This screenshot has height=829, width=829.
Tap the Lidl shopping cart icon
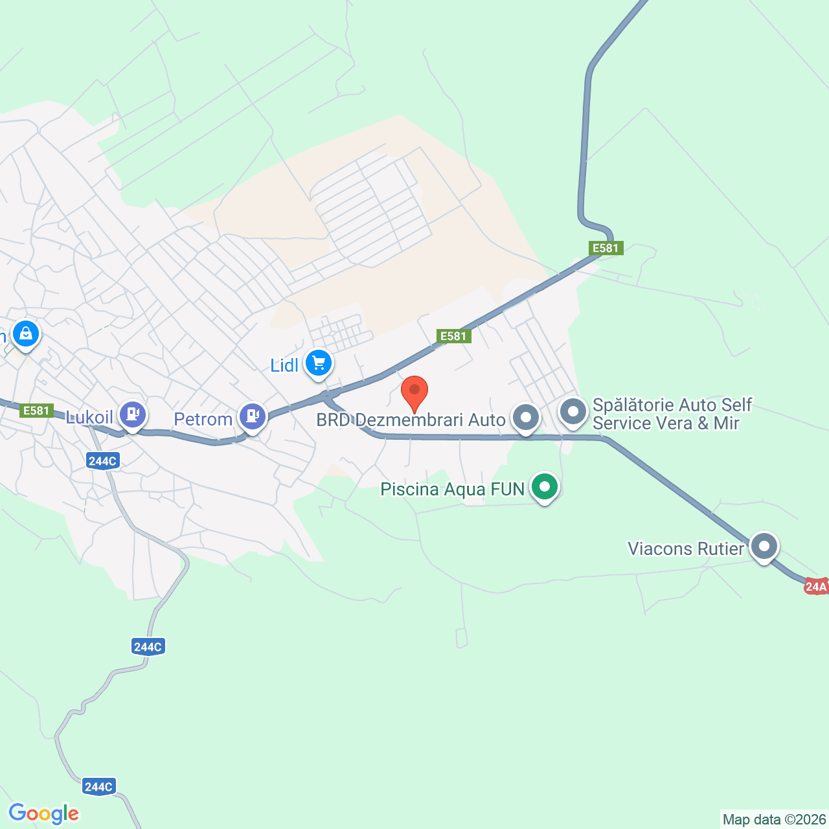click(318, 363)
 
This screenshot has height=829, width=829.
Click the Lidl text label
click(284, 365)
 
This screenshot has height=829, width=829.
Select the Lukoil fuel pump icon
click(133, 414)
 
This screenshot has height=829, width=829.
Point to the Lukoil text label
click(89, 417)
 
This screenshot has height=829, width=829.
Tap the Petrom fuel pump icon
click(253, 416)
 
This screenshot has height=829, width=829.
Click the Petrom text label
click(203, 419)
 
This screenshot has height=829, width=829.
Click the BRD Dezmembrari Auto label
click(411, 420)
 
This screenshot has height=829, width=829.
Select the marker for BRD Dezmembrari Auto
click(526, 418)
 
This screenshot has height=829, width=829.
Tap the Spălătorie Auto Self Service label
click(672, 414)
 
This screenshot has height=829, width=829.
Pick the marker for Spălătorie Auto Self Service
click(573, 412)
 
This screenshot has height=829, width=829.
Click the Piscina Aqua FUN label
click(452, 489)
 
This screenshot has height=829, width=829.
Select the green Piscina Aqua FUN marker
click(545, 486)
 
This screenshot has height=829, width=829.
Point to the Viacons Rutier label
click(686, 549)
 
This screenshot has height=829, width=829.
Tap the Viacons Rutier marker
click(764, 546)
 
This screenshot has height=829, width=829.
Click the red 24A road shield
click(816, 587)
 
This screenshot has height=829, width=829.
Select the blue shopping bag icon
click(26, 334)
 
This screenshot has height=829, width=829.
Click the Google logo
click(44, 813)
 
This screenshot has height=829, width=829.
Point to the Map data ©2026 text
click(774, 819)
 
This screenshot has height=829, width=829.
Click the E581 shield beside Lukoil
click(36, 411)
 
